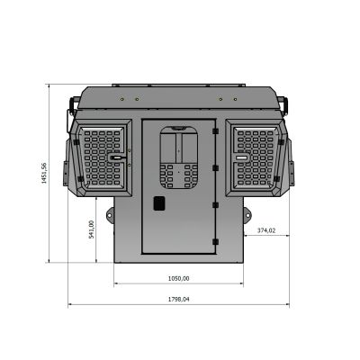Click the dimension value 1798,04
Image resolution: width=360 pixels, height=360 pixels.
(179, 299)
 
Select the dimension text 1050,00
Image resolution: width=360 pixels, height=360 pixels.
(179, 277)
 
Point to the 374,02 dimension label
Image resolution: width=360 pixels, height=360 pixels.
(265, 230)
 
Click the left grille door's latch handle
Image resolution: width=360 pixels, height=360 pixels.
(115, 157)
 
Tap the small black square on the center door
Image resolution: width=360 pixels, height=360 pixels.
(160, 203)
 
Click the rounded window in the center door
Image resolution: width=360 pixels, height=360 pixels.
(179, 155)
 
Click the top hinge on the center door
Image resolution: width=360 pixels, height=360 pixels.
(214, 134)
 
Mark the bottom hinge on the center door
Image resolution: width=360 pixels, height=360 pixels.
(214, 241)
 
